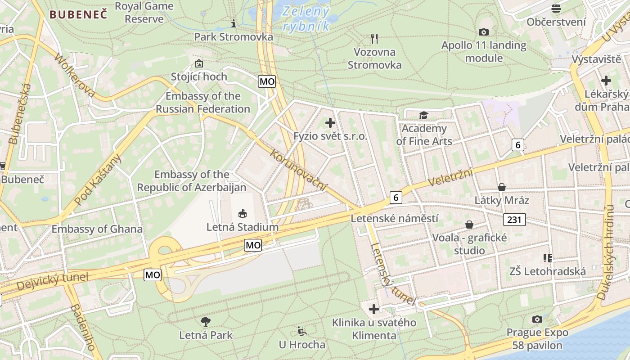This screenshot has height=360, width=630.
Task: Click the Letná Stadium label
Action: [243, 227]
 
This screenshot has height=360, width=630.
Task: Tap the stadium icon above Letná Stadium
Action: [243, 213]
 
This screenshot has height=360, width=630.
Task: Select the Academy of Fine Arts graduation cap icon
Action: [423, 116]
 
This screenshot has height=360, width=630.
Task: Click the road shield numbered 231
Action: [514, 220]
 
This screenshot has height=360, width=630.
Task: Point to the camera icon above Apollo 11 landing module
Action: [484, 32]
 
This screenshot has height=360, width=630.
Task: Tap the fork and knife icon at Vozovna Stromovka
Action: [374, 39]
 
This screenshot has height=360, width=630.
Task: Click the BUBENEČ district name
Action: [78, 14]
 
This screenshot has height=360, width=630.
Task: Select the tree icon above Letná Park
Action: [206, 321]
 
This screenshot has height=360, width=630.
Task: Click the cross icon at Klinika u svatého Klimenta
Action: [374, 309]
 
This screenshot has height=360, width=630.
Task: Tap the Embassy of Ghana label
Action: [97, 229]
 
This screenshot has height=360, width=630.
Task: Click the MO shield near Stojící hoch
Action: [266, 81]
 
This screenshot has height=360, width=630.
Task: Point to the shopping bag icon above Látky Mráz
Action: [502, 187]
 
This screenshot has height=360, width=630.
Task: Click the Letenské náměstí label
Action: [394, 219]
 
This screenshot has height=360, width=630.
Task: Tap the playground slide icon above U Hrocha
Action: [302, 332]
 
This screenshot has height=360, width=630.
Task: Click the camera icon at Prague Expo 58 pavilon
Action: [537, 319]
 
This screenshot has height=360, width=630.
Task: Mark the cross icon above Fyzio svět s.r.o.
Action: [330, 122]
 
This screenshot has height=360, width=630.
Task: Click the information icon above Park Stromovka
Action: [233, 23]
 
